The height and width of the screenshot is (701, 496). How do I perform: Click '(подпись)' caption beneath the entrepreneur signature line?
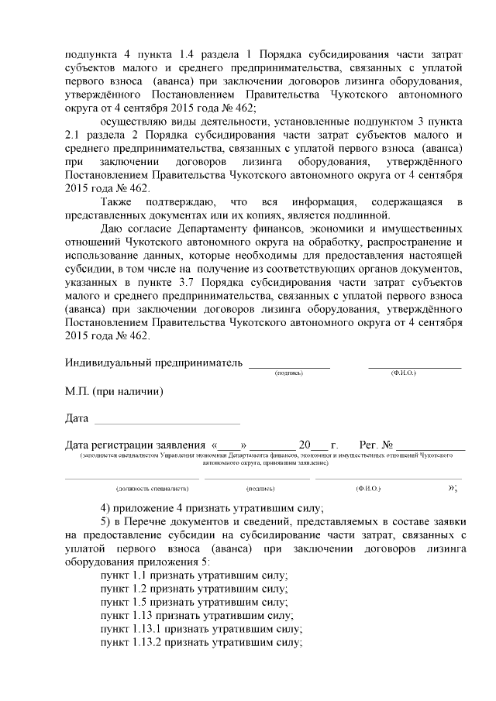point(288,373)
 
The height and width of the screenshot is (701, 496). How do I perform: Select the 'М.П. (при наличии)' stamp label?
point(114,391)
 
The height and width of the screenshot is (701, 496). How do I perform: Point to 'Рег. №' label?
point(376,445)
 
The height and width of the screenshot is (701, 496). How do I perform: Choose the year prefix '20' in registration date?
point(305,445)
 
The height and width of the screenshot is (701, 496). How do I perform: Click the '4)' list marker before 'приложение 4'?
point(107,508)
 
